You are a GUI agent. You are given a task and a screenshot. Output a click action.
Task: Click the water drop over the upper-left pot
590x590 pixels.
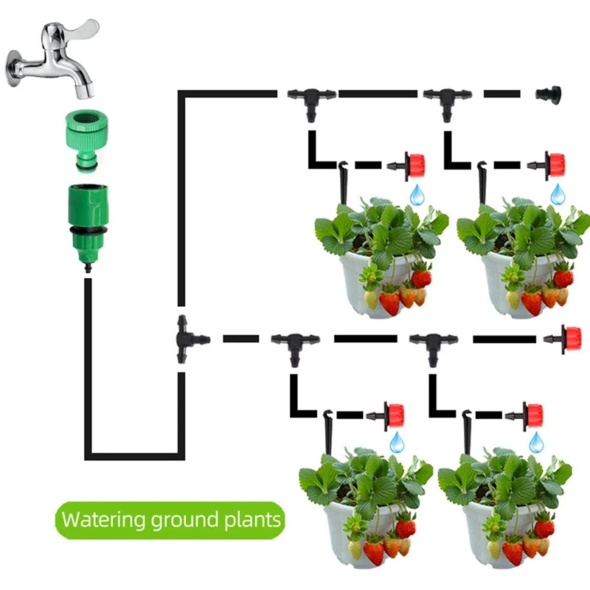point(417,195)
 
